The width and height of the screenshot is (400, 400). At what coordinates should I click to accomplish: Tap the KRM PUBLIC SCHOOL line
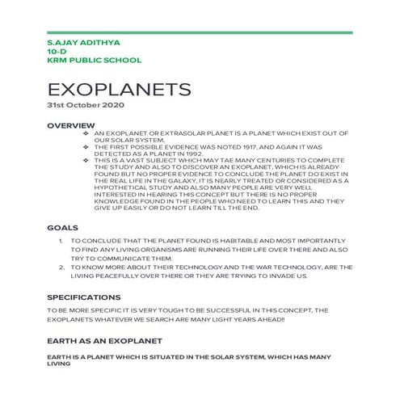(95, 60)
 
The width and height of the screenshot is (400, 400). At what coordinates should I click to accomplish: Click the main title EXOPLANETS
(120, 88)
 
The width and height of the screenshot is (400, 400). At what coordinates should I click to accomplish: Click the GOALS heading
(63, 228)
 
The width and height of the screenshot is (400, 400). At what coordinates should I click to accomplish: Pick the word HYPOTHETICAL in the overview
(120, 187)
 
